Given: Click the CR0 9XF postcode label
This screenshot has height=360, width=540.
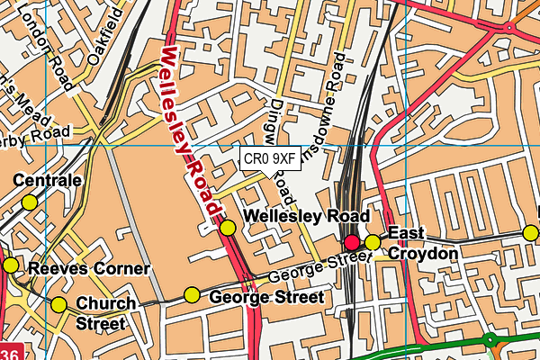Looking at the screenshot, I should [270, 158].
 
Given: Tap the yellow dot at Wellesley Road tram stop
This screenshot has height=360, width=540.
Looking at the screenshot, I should [228, 228].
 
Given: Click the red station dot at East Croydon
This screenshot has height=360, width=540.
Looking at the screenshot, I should [352, 242].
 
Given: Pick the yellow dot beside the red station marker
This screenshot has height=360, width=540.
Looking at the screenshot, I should [372, 242].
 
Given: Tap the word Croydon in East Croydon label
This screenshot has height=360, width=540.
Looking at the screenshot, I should [423, 254].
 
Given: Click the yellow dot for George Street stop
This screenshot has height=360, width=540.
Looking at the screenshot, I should [192, 294].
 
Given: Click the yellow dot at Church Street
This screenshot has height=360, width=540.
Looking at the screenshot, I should [59, 304].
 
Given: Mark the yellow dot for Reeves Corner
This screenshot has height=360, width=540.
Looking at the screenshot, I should [10, 265].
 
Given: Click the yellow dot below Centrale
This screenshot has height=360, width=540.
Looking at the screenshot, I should [30, 202].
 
